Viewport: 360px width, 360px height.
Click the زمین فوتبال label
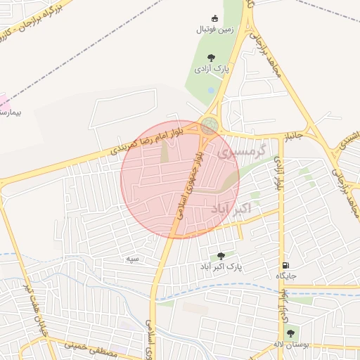[214, 30]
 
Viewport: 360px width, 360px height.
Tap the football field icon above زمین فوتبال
[214, 18]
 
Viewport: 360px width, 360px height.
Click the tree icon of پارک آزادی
[210, 58]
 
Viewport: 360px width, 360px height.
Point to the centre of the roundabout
[209, 126]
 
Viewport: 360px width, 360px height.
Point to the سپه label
[131, 259]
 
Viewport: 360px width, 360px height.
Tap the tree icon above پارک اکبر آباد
[222, 256]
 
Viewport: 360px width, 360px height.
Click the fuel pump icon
[285, 264]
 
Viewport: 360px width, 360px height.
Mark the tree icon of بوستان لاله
[291, 333]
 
